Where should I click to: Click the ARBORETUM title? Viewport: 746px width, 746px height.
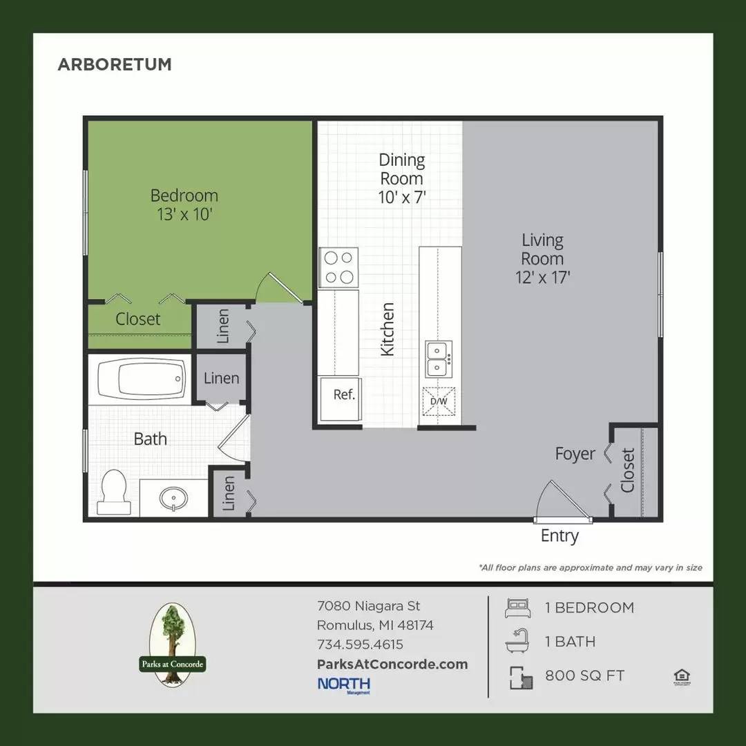pos(115,65)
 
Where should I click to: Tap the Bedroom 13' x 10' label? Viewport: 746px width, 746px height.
pos(184,205)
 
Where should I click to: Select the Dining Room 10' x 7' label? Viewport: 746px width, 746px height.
pos(401,179)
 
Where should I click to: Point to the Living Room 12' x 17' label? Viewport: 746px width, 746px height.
pos(542,259)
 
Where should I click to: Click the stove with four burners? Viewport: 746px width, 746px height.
pos(338,267)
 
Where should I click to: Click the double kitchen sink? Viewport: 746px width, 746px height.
pos(439,358)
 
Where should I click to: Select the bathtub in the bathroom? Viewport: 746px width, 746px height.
pos(142,379)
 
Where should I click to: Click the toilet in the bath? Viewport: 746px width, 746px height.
pos(113,491)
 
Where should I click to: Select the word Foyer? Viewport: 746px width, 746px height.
pos(575,454)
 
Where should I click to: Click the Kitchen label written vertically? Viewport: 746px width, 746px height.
pos(388,329)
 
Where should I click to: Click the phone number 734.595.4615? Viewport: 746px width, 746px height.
pos(360,645)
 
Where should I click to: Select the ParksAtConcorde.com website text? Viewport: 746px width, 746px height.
pos(392,664)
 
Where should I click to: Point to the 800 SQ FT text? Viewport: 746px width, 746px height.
pos(584,676)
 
